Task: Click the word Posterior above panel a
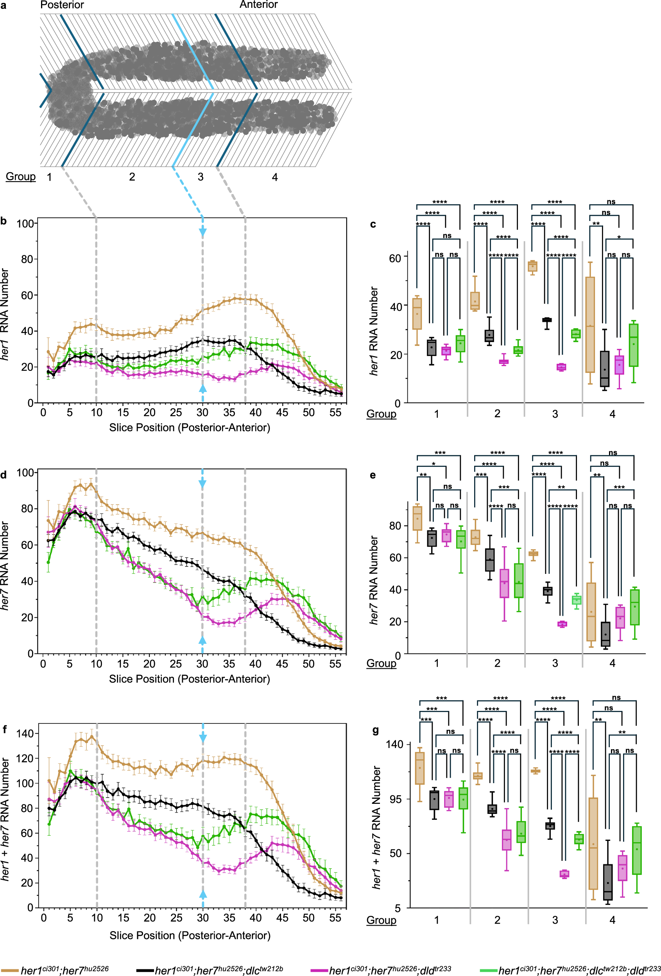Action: (62, 5)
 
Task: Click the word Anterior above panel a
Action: (259, 5)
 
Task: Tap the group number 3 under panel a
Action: (201, 177)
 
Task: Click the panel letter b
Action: (4, 221)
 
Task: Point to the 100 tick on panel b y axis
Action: (25, 223)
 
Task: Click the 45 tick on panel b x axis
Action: (282, 412)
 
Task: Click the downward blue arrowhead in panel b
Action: (202, 232)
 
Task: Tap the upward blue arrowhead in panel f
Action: (202, 894)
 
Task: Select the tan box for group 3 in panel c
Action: (532, 266)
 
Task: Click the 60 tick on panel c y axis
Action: (395, 258)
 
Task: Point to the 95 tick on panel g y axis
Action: (395, 799)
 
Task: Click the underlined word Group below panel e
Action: (381, 663)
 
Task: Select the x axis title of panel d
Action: (189, 679)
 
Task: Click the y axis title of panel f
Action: (5, 819)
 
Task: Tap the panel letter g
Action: (376, 730)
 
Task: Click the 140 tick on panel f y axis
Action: (25, 734)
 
